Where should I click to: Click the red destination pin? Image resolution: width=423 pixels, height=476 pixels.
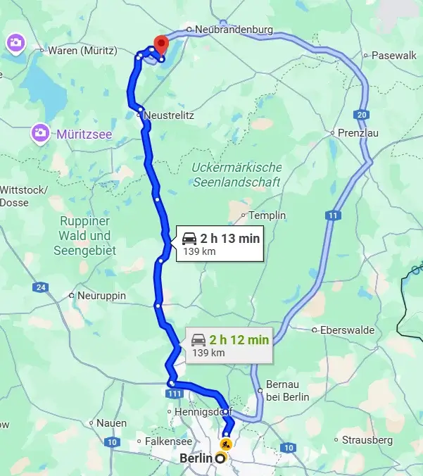click(x=161, y=44)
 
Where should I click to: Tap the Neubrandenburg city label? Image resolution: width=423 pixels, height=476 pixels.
click(x=233, y=30)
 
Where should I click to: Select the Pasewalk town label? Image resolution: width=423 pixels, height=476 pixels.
click(x=394, y=55)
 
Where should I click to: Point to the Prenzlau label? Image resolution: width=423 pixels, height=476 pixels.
click(x=355, y=132)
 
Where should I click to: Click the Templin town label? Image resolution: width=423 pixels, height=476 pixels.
click(x=267, y=215)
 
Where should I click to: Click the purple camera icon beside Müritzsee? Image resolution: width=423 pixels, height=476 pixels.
click(x=40, y=132)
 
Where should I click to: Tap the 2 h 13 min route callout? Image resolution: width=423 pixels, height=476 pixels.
click(x=219, y=244)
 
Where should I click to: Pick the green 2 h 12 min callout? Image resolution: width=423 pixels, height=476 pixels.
click(x=229, y=345)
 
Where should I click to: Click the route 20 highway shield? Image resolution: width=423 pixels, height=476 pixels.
click(x=362, y=114)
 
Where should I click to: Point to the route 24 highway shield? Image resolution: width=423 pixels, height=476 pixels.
click(x=40, y=287)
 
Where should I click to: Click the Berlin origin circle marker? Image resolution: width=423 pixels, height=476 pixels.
click(x=220, y=459)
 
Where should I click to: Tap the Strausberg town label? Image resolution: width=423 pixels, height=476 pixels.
click(x=367, y=440)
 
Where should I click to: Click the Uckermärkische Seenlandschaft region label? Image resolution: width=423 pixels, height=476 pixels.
click(x=236, y=175)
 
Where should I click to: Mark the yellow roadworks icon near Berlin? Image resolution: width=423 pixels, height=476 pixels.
click(x=225, y=444)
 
